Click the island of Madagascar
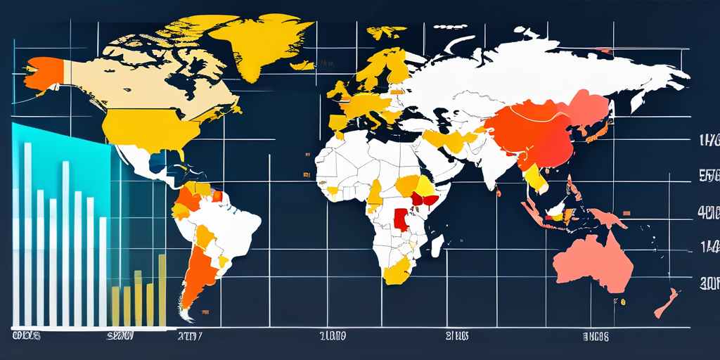coord(437,245)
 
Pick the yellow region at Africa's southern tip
coord(398,271)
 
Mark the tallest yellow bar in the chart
coord(162,288)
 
